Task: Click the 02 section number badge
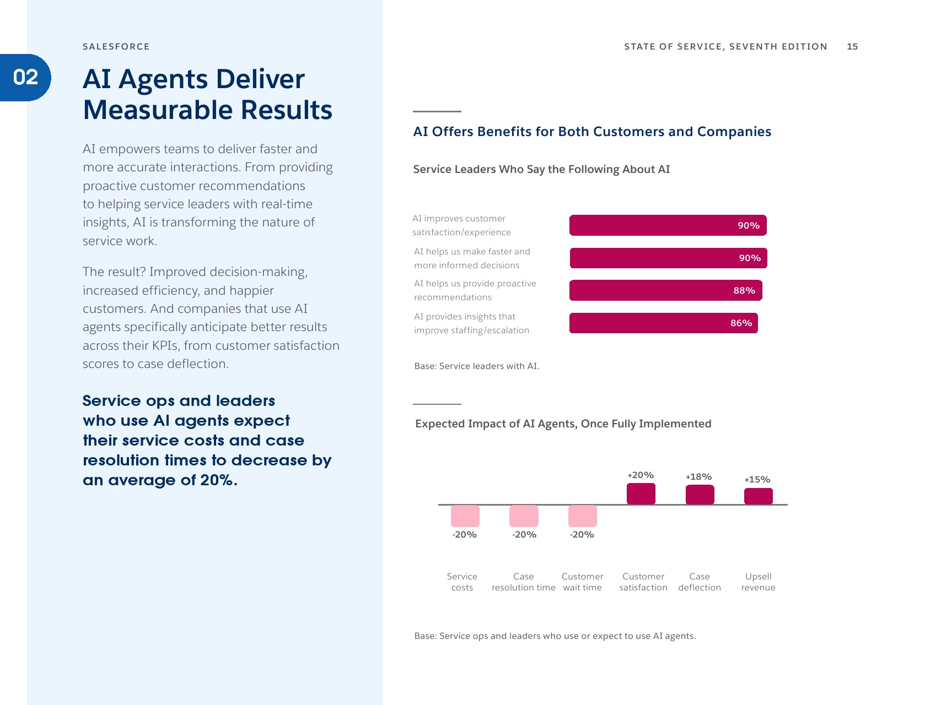click(x=25, y=78)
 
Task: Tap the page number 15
click(x=852, y=47)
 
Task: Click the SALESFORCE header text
click(x=116, y=47)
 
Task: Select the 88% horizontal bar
click(x=665, y=290)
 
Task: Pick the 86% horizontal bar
click(x=663, y=323)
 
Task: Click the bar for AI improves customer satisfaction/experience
click(x=668, y=225)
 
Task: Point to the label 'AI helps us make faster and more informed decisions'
click(x=472, y=258)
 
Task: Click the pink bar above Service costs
click(x=465, y=516)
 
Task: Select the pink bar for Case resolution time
click(x=524, y=516)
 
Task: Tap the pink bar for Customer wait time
click(x=582, y=516)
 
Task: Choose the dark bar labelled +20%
click(x=641, y=493)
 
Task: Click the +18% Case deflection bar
click(x=700, y=495)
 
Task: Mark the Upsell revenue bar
click(x=758, y=496)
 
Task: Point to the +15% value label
click(x=757, y=480)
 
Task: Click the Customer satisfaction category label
click(x=643, y=582)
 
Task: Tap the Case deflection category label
click(x=700, y=582)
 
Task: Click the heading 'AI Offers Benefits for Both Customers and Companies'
click(x=592, y=132)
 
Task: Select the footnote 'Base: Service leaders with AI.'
click(x=476, y=366)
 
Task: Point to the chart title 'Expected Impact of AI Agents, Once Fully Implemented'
click(x=563, y=424)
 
